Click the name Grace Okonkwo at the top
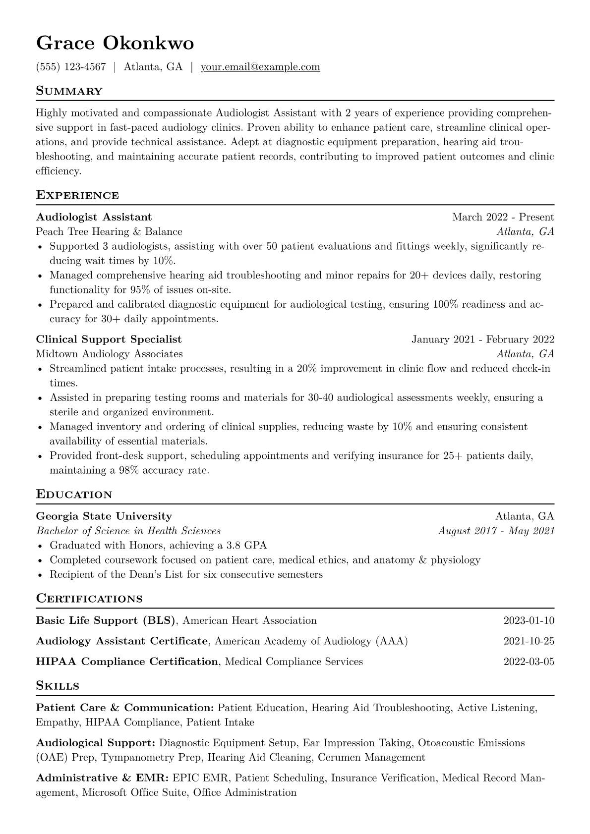point(115,44)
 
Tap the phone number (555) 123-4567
point(71,67)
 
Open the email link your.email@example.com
point(260,67)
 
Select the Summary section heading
point(69,91)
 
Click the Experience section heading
point(77,195)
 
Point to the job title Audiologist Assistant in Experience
point(94,217)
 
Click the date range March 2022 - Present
point(503,217)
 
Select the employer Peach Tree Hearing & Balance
point(109,231)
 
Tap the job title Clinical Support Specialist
point(109,339)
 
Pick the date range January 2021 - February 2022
point(482,339)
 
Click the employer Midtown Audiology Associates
point(109,354)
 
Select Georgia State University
point(104,516)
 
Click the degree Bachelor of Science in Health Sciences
point(128,531)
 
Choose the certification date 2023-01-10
point(529,620)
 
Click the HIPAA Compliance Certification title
point(127,662)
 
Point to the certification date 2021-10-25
point(529,641)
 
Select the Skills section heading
point(58,686)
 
